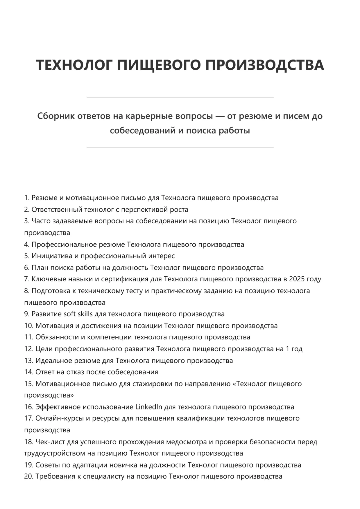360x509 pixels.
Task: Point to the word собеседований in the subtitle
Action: (142, 131)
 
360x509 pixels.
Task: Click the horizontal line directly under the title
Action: (180, 97)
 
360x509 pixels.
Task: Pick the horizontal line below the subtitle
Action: (180, 148)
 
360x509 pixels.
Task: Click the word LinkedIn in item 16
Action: (149, 407)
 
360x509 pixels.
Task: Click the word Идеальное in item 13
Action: (53, 361)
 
